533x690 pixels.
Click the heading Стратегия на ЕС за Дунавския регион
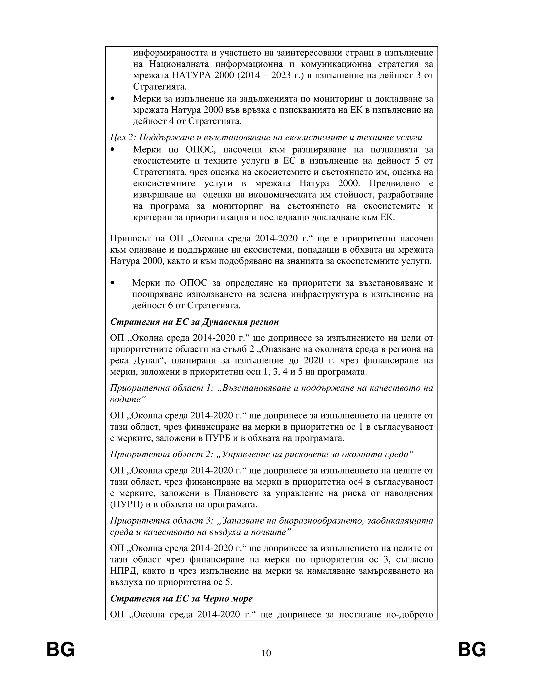[194, 322]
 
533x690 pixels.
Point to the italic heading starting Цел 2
[266, 138]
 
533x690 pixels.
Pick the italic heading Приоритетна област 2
[262, 454]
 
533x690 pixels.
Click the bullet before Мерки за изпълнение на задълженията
[112, 99]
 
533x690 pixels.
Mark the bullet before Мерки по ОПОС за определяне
[112, 283]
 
